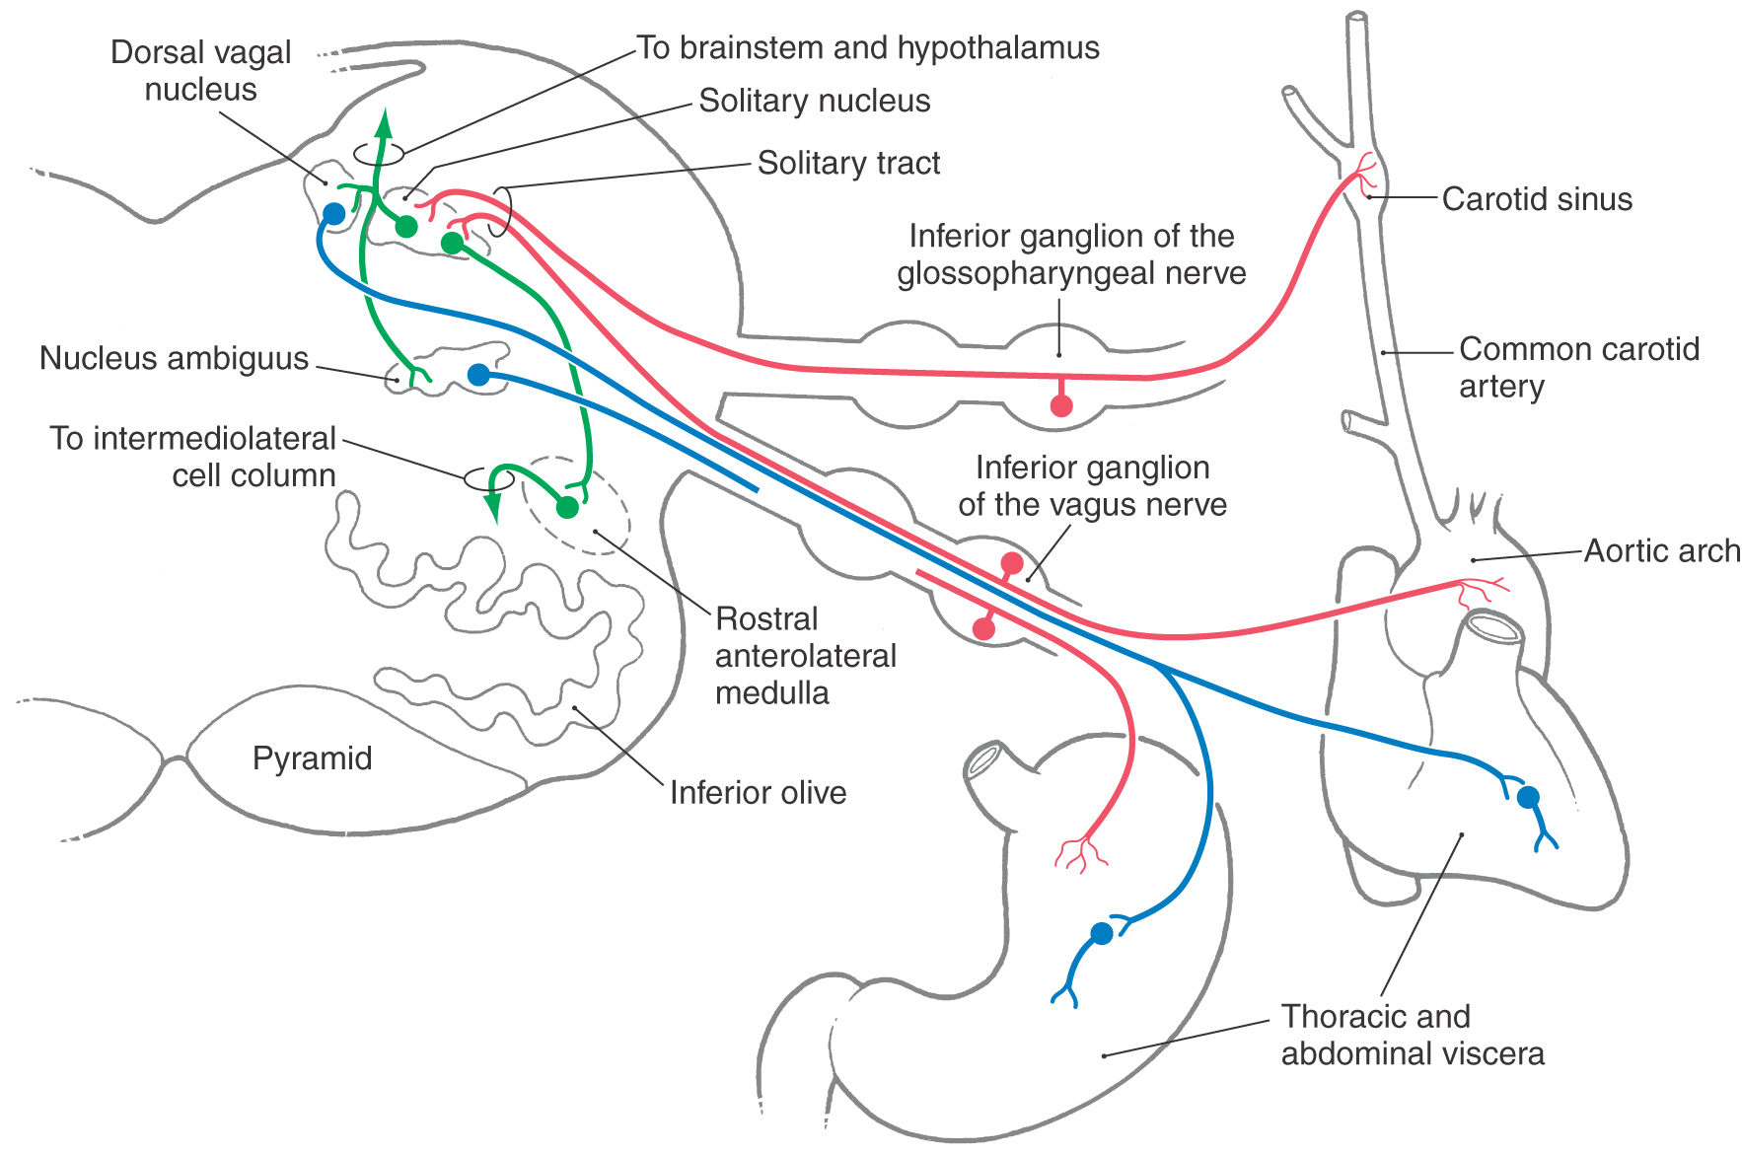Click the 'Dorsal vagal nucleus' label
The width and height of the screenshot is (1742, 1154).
click(x=200, y=70)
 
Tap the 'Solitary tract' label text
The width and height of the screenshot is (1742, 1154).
click(x=848, y=163)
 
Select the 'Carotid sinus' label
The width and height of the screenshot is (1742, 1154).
click(x=1536, y=199)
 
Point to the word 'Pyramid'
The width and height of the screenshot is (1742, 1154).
click(x=312, y=758)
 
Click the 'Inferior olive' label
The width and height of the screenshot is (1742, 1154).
click(x=758, y=793)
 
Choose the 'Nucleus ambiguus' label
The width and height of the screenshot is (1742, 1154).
click(x=174, y=358)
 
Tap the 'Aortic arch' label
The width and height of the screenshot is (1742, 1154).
click(x=1661, y=550)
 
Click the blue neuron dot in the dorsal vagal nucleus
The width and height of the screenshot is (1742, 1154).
click(x=334, y=214)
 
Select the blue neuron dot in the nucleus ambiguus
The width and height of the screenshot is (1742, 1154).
click(x=478, y=375)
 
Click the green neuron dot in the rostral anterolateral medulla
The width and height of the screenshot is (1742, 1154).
click(x=567, y=507)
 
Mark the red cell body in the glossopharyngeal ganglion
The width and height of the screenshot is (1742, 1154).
click(x=1061, y=405)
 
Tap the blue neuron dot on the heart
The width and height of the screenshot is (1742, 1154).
click(x=1528, y=797)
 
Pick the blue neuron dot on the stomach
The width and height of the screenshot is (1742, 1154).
click(x=1102, y=933)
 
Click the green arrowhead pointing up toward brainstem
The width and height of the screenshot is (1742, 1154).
click(x=384, y=122)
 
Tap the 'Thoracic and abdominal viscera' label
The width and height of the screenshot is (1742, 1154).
click(x=1412, y=1035)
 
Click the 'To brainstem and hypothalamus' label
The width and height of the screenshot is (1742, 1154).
click(x=867, y=48)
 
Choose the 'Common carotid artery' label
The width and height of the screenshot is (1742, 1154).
click(x=1578, y=367)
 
